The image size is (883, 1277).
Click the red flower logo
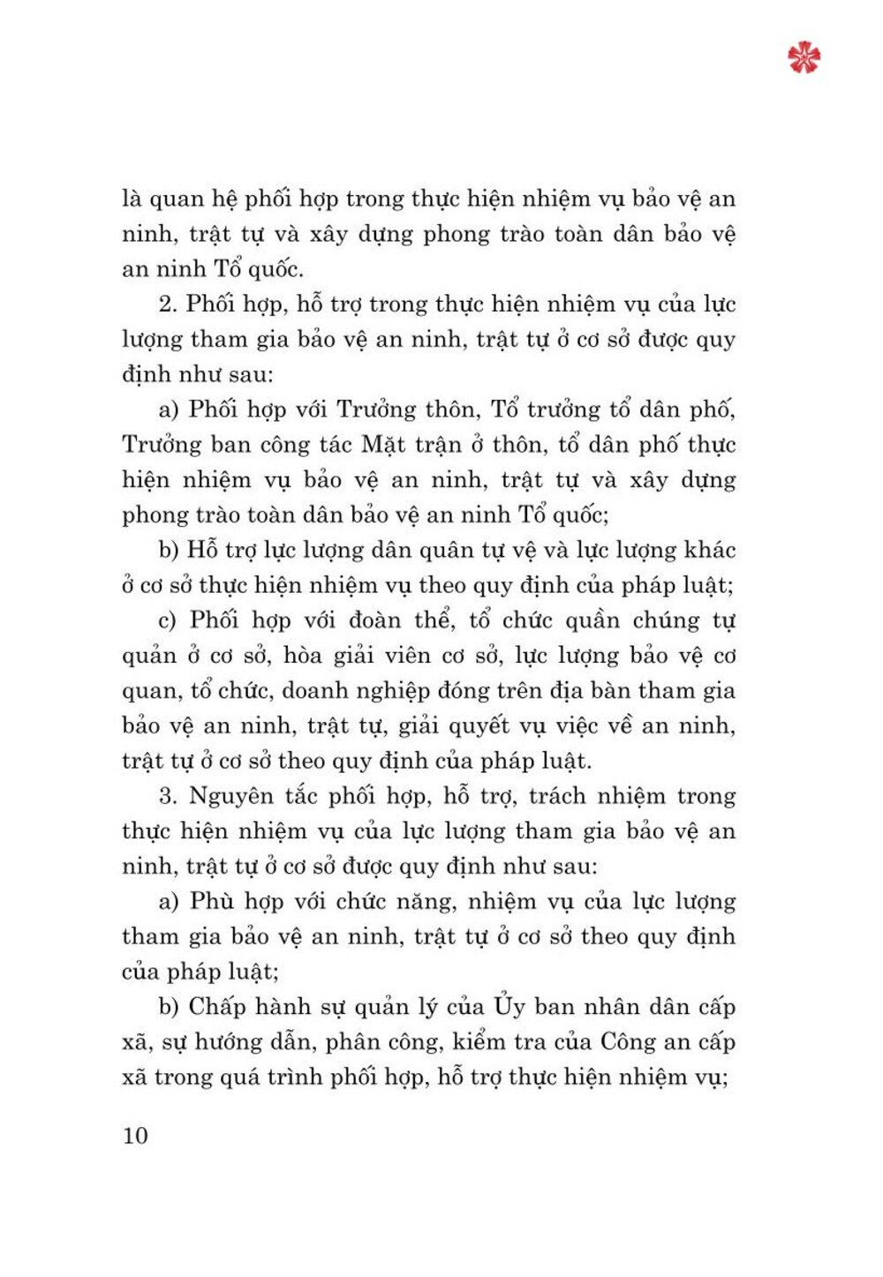[x=804, y=57]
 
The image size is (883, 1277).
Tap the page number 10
[x=135, y=1135]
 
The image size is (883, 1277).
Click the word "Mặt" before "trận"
[x=383, y=444]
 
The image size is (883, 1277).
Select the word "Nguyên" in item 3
[x=231, y=796]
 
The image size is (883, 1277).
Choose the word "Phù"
[x=212, y=901]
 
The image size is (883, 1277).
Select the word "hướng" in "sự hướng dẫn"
[x=215, y=1043]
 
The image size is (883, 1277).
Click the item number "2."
[x=168, y=304]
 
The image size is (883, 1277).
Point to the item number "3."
[x=168, y=796]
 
